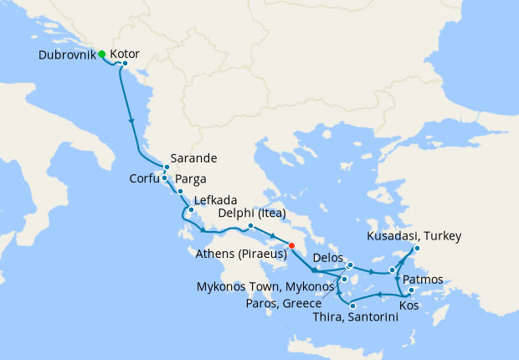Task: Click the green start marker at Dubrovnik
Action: click(101, 54)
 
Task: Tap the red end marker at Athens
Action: click(291, 245)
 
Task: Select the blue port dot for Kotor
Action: click(125, 64)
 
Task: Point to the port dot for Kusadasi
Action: click(417, 248)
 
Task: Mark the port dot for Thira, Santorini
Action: click(352, 306)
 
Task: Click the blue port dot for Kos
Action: click(411, 291)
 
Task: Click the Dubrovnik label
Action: click(67, 55)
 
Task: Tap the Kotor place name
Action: click(125, 53)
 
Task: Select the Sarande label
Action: click(193, 158)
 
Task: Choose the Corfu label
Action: click(144, 178)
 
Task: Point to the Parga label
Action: click(191, 178)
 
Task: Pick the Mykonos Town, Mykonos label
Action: click(259, 286)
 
